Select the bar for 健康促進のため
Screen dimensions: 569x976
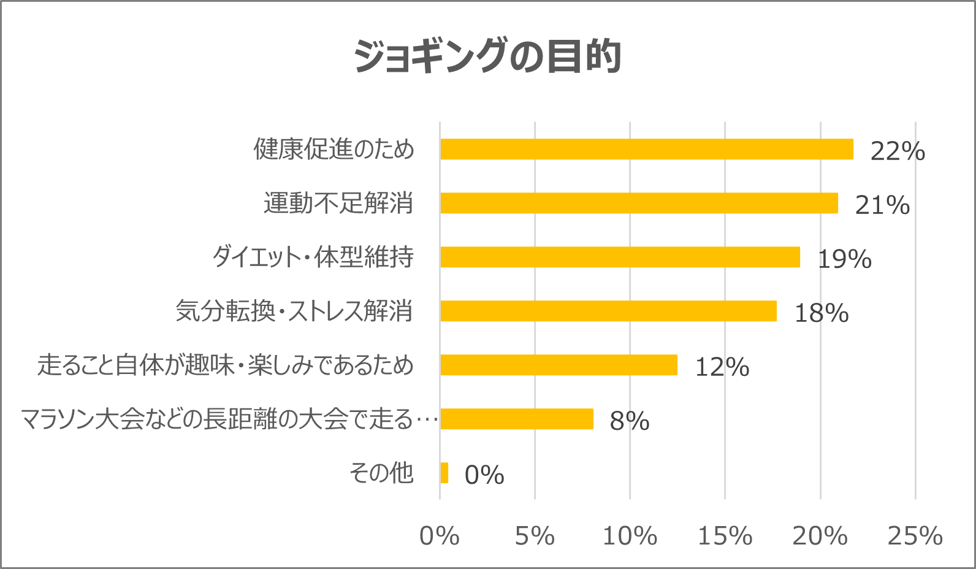tap(646, 149)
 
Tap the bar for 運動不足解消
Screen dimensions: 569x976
tap(639, 203)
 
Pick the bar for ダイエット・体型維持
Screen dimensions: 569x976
tap(620, 257)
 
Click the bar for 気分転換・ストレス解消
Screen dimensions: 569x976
tap(608, 311)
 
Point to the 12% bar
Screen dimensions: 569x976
tap(559, 365)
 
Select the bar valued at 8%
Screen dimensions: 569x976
tap(517, 419)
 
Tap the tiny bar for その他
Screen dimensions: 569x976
tap(444, 473)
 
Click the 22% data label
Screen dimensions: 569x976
tap(898, 151)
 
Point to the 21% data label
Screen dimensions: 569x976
tap(882, 205)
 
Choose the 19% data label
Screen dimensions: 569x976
tap(844, 259)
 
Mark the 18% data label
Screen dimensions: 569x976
tap(822, 313)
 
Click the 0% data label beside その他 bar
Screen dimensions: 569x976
tap(484, 475)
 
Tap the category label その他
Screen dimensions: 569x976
tap(381, 473)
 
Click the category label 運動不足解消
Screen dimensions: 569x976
tap(338, 203)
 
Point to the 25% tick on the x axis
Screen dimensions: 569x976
tap(915, 536)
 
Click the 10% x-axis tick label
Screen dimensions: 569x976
tap(630, 536)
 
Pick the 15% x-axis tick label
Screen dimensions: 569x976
tap(725, 536)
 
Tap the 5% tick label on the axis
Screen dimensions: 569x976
tap(535, 536)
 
